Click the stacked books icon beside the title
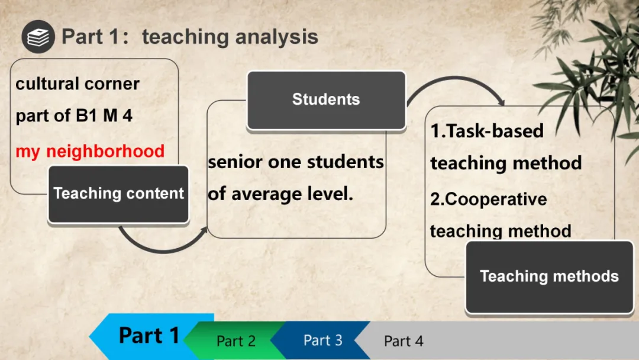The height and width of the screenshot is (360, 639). click(x=38, y=37)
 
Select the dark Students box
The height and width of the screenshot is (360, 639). click(x=327, y=100)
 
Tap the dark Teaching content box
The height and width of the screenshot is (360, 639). click(x=118, y=194)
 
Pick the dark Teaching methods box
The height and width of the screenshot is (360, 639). click(x=549, y=277)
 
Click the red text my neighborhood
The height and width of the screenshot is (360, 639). click(x=90, y=152)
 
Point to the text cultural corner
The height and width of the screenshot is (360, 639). click(x=78, y=84)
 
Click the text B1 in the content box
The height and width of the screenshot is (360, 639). click(x=87, y=115)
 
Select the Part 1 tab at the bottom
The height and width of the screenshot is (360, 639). click(x=149, y=336)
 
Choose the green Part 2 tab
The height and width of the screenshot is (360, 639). click(x=236, y=341)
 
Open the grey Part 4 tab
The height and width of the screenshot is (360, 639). click(x=404, y=341)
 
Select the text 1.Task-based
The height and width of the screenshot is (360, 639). click(x=487, y=131)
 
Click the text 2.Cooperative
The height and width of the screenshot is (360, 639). click(x=489, y=200)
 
